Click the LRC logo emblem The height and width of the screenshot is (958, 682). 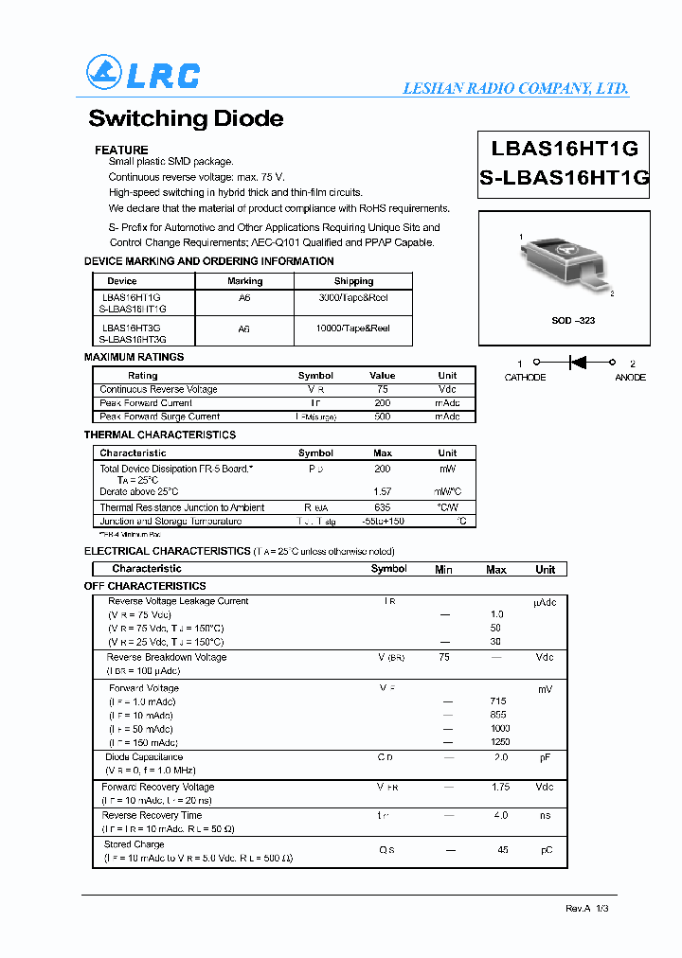104,73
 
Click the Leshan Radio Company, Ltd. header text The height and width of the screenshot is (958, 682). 515,88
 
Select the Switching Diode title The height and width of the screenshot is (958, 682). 186,119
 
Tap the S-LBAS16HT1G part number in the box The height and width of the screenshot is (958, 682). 565,177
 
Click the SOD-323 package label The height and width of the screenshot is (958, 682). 573,321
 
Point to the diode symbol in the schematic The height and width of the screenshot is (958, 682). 576,362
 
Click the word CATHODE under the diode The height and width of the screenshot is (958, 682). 525,378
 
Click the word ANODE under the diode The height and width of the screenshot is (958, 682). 630,378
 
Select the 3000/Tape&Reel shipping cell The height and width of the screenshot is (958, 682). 353,297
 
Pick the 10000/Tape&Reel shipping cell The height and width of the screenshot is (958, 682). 353,328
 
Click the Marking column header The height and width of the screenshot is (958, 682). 244,281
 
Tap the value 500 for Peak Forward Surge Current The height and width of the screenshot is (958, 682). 382,417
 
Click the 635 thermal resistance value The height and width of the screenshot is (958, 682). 382,507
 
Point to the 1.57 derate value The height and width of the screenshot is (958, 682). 382,491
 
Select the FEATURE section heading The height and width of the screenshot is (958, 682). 121,151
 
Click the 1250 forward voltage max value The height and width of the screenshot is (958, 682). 500,742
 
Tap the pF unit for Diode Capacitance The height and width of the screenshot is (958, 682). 547,757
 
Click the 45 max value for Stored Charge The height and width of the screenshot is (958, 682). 503,850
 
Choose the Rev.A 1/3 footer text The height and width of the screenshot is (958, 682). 587,908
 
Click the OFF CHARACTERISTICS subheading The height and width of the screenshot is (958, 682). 145,586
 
